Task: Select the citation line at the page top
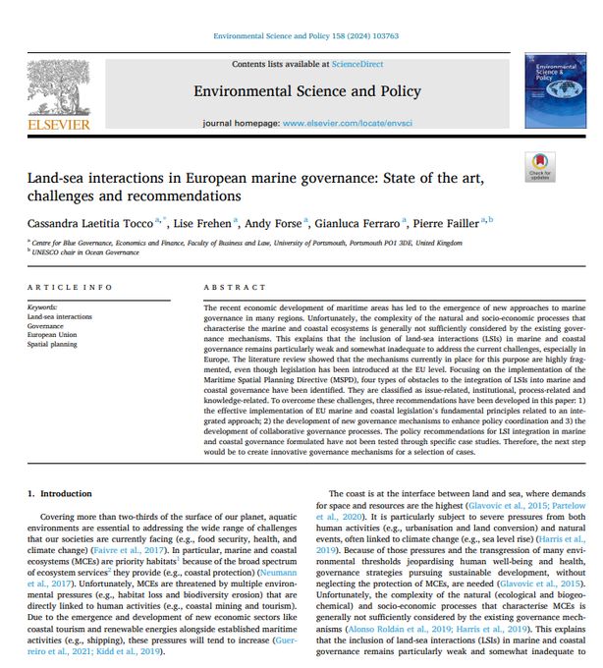pyautogui.click(x=305, y=36)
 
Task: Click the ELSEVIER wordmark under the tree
pyautogui.click(x=58, y=125)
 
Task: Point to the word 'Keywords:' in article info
pyautogui.click(x=44, y=307)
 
